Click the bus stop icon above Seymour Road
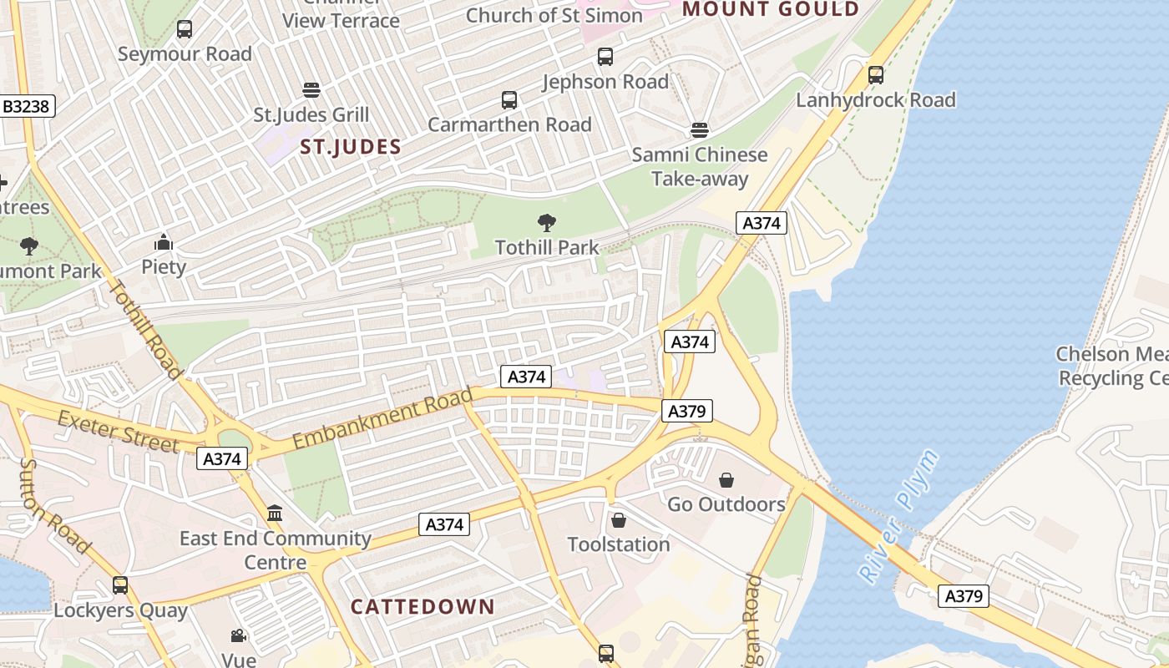pos(185,29)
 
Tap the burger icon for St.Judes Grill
pos(311,89)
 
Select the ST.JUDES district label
pos(351,148)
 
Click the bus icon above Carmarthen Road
pos(509,100)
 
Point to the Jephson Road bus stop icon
pos(605,57)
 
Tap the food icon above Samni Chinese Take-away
pos(700,130)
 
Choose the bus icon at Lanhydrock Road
pos(876,75)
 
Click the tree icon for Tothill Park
pos(547,223)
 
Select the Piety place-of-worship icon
pos(164,243)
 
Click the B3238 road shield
pos(26,107)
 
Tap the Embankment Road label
pos(382,418)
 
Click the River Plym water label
pos(898,516)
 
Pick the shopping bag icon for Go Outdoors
pos(726,480)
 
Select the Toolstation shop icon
pos(619,520)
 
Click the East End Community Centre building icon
pos(275,513)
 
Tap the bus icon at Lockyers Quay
pos(120,585)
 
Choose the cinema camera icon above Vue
pos(239,636)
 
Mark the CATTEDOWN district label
pos(423,607)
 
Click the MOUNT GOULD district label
pos(771,10)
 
